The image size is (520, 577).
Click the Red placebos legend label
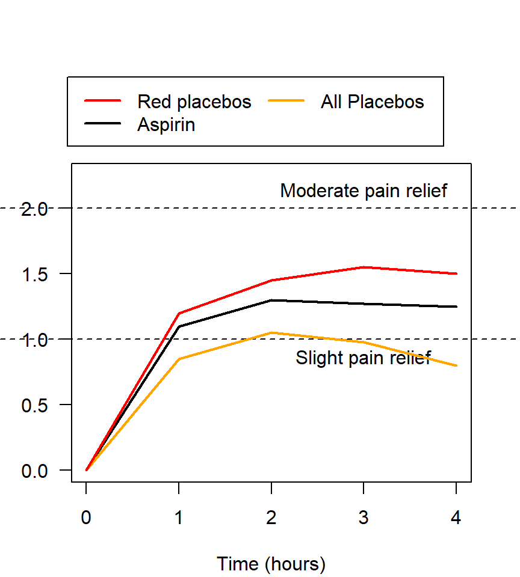pos(194,102)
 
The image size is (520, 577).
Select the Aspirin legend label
pos(166,125)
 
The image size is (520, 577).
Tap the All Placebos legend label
pos(372,102)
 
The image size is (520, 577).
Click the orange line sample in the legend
pos(287,101)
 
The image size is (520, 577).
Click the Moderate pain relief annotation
pos(364,191)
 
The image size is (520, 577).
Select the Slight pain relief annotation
pos(363,358)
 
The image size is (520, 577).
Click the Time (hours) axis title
pos(271,564)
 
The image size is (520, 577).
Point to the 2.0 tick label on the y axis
pos(34,209)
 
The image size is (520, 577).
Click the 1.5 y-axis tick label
pos(34,274)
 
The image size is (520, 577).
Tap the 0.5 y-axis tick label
pos(34,405)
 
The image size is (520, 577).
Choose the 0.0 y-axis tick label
pos(34,471)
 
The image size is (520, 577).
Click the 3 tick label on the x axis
pos(364,517)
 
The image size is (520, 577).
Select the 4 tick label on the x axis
pos(456,517)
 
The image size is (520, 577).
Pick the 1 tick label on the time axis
pos(179,517)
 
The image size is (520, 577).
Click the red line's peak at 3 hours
pos(364,267)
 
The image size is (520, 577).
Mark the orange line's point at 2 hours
pos(271,332)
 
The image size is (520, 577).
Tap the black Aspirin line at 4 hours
pos(456,307)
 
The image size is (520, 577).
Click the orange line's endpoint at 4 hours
pos(456,365)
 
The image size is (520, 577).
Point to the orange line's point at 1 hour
pos(179,359)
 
